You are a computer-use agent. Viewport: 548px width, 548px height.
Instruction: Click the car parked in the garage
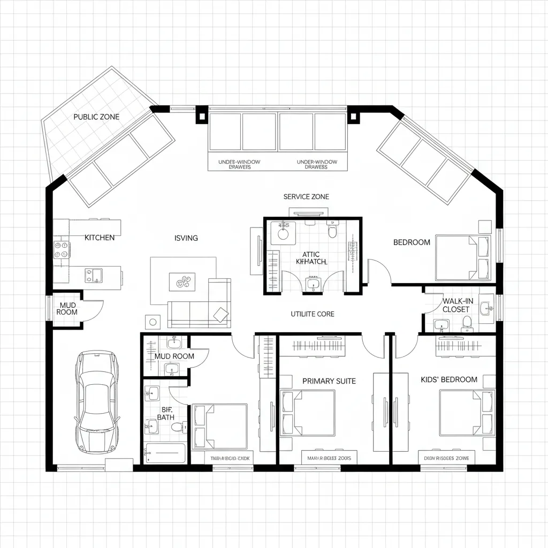pos(96,402)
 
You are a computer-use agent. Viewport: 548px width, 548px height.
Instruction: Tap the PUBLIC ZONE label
pos(96,117)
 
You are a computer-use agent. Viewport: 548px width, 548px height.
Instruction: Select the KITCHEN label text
pos(100,238)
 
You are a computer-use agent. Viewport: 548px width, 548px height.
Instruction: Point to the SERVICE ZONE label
pos(306,197)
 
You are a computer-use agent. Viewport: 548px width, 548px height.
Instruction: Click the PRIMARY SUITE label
pos(329,381)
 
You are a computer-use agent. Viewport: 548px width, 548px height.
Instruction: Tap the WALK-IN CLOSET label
pos(456,305)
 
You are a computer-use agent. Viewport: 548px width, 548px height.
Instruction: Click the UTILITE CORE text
pos(312,314)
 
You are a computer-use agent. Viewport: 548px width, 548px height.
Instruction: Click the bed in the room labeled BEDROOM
pos(462,257)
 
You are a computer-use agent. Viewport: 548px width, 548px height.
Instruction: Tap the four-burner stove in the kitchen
pos(61,250)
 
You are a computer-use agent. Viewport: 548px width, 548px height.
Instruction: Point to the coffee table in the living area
pos(182,281)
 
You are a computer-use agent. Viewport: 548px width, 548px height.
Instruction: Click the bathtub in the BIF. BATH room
pos(165,453)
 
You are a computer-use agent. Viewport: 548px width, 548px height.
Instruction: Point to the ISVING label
pos(186,238)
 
